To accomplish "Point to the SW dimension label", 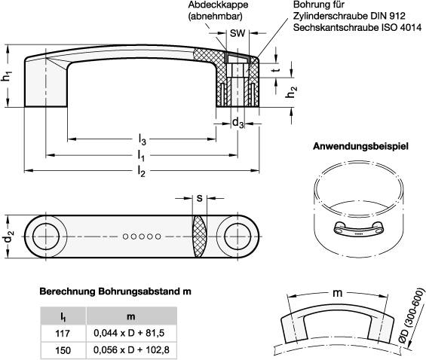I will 237,34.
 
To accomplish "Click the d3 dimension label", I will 237,122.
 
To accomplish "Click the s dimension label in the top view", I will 198,200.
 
